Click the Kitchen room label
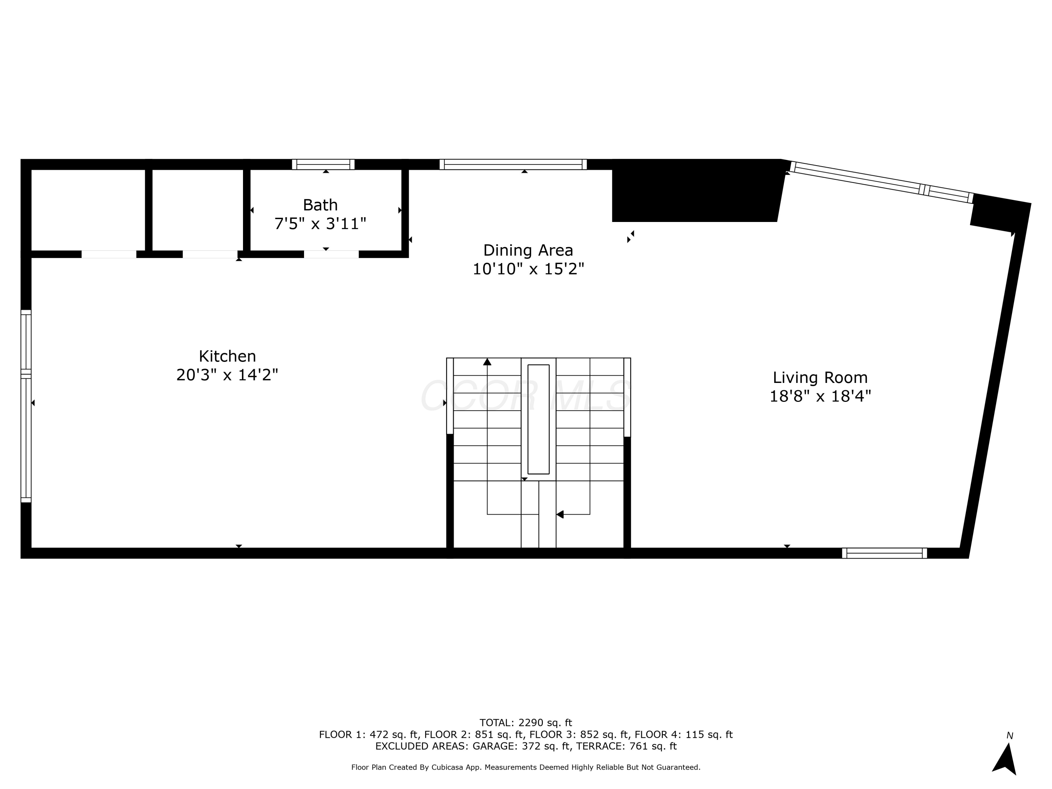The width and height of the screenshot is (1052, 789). pos(227,356)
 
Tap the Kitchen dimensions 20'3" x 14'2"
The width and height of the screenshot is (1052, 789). pos(227,375)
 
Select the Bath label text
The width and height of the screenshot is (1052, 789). pos(320,205)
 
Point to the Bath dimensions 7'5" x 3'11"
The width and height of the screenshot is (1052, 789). pos(320,223)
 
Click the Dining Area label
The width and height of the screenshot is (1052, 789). pos(528,250)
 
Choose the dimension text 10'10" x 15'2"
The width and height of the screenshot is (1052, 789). pos(528,269)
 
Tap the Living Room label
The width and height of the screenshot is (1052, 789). pos(820,378)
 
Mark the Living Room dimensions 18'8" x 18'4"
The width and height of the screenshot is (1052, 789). pos(820,396)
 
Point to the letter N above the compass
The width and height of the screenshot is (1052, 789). pos(1010,736)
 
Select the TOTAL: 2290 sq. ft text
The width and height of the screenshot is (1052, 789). pos(526,723)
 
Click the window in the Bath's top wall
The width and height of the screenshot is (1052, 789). pos(323,164)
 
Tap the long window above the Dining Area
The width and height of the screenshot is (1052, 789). pos(513,164)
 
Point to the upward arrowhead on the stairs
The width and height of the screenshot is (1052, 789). pos(487,362)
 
